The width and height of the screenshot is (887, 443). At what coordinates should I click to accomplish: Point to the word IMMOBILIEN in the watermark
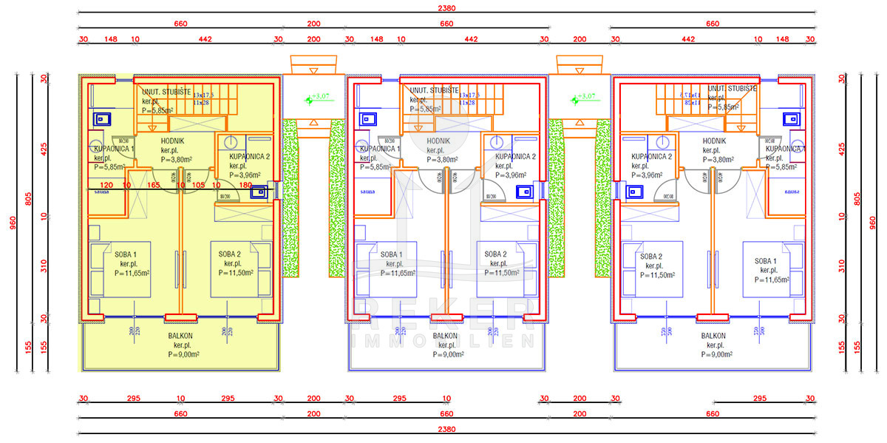[443, 341]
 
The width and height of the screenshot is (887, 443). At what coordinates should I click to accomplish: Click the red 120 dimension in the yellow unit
[106, 185]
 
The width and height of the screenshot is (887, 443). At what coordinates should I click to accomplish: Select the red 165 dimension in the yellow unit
[154, 185]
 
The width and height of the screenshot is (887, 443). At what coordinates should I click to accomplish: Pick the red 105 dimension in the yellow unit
[198, 185]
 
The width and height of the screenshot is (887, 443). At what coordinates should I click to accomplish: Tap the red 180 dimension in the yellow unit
[245, 185]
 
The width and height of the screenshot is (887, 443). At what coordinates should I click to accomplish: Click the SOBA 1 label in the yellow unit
[126, 254]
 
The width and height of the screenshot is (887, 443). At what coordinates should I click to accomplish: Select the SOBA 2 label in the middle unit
[495, 254]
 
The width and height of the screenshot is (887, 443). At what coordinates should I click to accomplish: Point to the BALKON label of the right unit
[713, 336]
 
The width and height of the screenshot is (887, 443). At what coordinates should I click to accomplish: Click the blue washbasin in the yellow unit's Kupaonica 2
[258, 192]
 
